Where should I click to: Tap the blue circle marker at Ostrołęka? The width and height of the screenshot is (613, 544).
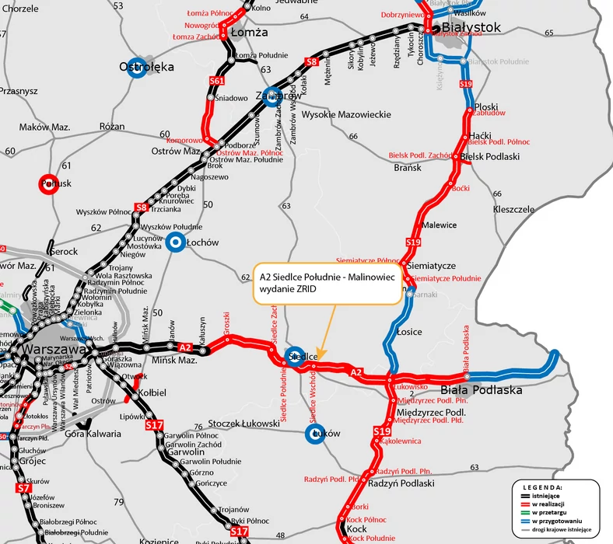[x=138, y=67]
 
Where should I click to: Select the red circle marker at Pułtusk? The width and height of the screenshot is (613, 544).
[x=50, y=184]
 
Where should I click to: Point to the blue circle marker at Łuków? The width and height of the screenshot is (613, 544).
[x=314, y=434]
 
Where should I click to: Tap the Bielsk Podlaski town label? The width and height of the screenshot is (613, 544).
[x=489, y=156]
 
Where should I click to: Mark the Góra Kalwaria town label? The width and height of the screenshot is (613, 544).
[x=91, y=434]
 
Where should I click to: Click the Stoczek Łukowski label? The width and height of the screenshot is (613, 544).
[x=243, y=424]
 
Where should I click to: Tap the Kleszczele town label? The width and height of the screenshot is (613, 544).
[x=513, y=210]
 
